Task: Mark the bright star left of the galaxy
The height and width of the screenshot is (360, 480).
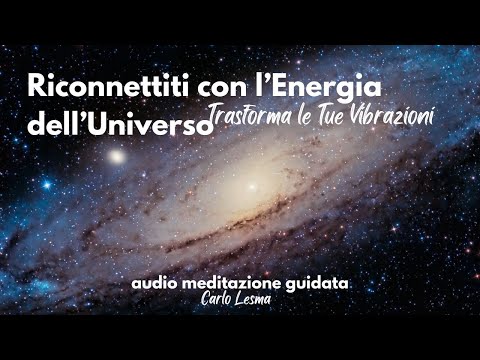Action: click(x=118, y=156)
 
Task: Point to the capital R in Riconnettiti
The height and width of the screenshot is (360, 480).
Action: click(x=37, y=89)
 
